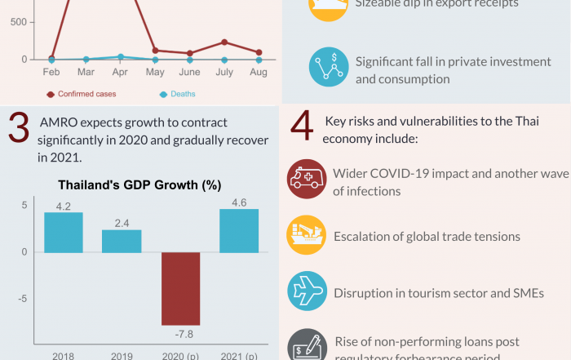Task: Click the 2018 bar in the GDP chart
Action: click(64, 232)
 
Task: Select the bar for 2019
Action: click(122, 241)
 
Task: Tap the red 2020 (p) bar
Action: click(180, 288)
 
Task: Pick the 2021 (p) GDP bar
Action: click(239, 231)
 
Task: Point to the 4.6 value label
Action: click(239, 202)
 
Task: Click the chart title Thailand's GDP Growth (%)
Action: click(139, 184)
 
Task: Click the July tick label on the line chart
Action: click(224, 72)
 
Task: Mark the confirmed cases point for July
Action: click(224, 42)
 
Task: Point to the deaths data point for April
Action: click(121, 57)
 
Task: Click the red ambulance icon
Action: click(306, 180)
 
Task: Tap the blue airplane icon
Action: click(306, 291)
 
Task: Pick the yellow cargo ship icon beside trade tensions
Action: click(306, 235)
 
